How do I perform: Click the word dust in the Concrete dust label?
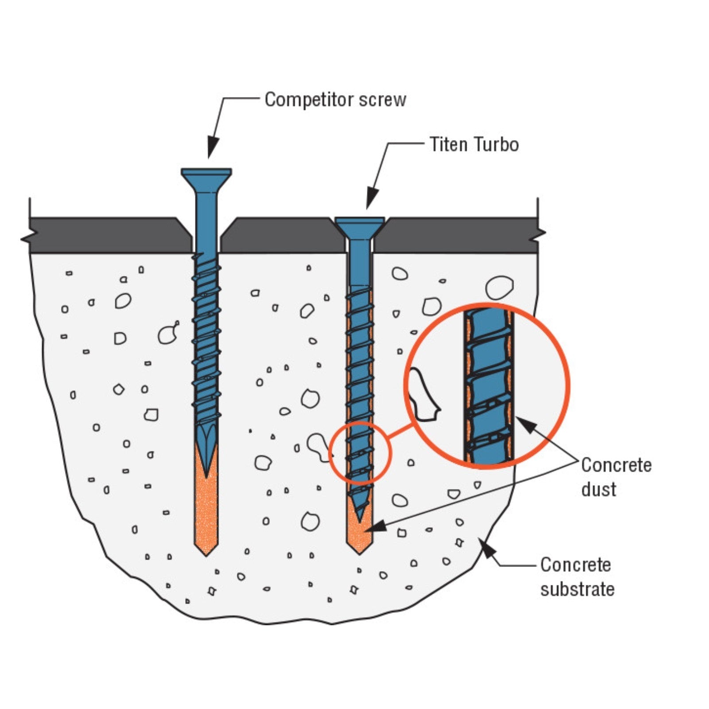(598, 490)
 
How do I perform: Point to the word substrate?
(577, 589)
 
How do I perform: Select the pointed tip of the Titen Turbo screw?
(359, 516)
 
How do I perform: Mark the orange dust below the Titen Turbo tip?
(359, 538)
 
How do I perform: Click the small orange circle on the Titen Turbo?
(360, 452)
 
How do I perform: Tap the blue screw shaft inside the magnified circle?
(487, 386)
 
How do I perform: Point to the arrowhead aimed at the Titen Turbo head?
(372, 199)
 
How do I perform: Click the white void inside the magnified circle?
(423, 394)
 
